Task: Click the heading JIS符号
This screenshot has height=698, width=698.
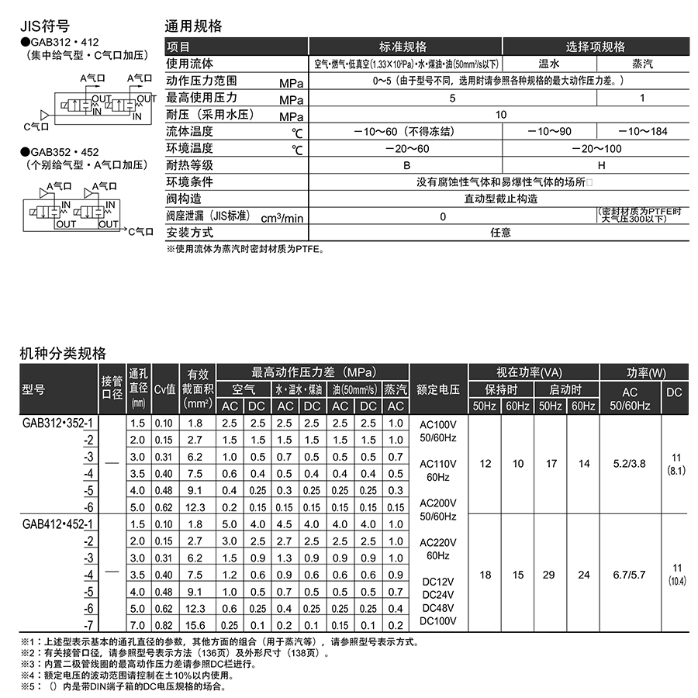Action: point(44,26)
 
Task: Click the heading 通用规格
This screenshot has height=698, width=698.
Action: point(194,26)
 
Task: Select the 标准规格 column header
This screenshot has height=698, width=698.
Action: point(405,47)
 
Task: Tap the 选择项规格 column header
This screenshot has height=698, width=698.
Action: point(595,47)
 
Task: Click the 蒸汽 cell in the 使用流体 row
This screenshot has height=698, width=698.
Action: point(642,64)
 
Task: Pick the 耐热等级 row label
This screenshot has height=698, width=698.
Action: point(190,164)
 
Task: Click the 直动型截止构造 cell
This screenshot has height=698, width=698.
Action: point(500,199)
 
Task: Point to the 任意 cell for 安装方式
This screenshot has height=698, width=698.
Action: point(500,232)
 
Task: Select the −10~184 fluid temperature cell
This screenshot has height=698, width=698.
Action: point(642,131)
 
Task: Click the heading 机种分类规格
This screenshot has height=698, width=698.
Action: point(63,354)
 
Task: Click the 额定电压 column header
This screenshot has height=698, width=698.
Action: point(438,389)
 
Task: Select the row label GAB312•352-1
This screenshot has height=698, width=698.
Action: point(60,423)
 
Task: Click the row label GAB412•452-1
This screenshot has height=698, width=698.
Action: point(60,524)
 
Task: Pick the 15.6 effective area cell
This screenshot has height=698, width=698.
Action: point(195,625)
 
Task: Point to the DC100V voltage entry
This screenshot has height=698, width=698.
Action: point(438,620)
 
